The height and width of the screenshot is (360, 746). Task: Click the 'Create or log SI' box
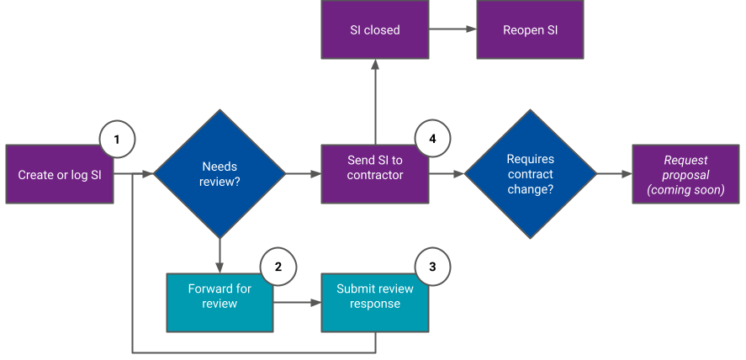[59, 174]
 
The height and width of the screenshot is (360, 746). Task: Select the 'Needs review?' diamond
[220, 174]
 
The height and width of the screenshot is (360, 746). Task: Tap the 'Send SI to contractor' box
[375, 174]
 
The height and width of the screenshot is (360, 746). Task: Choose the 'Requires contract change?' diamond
[530, 174]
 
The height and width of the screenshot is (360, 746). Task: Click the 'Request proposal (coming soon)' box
[685, 174]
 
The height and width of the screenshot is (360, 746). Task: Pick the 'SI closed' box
[375, 30]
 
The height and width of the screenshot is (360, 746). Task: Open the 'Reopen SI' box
[530, 30]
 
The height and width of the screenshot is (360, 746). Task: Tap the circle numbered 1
[117, 139]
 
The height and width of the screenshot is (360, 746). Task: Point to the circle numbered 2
[278, 267]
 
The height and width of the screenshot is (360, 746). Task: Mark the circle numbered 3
[432, 267]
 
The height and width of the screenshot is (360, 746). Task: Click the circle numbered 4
[432, 139]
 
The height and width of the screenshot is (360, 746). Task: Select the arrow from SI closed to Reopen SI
[452, 30]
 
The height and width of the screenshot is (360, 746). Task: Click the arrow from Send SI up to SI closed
[375, 102]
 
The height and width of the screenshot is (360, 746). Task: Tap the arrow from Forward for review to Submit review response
[297, 302]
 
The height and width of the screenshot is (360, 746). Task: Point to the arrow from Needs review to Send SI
[304, 174]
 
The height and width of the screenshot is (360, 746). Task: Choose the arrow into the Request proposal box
[614, 174]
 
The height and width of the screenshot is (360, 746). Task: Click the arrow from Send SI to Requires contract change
[447, 174]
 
